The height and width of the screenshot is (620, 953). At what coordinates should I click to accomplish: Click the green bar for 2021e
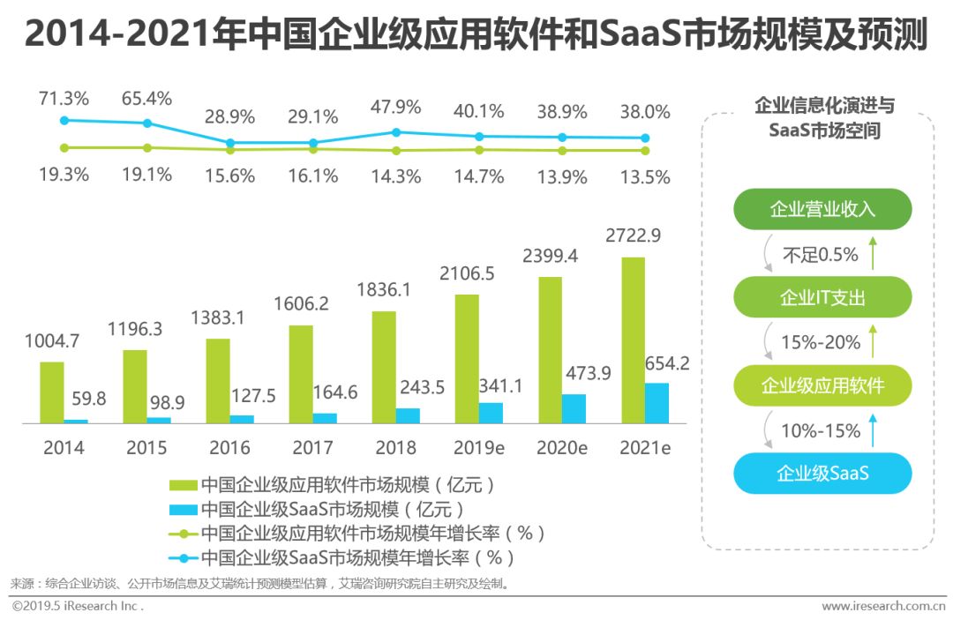point(632,340)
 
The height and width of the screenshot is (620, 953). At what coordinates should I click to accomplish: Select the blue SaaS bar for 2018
point(408,415)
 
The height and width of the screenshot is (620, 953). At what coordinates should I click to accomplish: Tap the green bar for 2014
point(51,392)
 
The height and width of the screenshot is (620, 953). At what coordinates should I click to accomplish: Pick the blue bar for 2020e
point(574,408)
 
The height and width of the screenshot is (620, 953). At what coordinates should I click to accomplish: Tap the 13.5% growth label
point(644,176)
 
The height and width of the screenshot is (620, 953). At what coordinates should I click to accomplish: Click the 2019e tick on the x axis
point(477,448)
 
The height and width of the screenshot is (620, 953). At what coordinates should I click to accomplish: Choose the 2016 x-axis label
point(229,448)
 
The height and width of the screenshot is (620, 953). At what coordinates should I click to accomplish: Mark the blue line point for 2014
point(64,120)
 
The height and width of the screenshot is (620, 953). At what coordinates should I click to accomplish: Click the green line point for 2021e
point(645,150)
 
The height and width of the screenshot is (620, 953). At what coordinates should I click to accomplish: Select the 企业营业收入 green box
point(822,209)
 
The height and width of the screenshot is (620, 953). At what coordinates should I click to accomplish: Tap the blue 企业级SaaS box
point(822,474)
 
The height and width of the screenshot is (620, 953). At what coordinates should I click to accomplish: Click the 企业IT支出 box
point(822,297)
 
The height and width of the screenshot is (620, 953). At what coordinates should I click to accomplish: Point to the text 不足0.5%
point(821,255)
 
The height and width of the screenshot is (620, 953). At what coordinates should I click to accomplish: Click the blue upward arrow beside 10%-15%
point(873,431)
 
